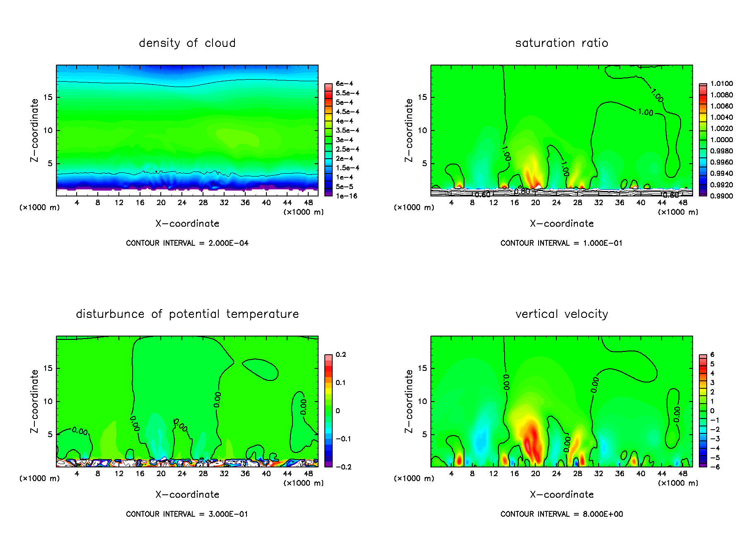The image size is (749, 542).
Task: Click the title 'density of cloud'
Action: click(187, 43)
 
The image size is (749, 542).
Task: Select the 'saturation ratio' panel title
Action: click(561, 43)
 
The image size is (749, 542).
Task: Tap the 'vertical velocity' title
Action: click(561, 314)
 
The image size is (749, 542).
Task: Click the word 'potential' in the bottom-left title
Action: click(194, 314)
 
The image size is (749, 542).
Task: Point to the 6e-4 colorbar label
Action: click(344, 84)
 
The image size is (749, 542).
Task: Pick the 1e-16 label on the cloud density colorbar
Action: click(346, 196)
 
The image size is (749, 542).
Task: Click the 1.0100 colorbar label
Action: click(721, 84)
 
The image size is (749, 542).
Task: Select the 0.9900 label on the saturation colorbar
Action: click(721, 196)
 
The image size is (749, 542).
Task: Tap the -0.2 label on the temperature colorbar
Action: click(343, 467)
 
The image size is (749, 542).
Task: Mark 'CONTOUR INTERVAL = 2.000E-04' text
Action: click(187, 243)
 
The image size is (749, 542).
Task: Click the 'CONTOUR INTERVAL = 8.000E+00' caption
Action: click(561, 514)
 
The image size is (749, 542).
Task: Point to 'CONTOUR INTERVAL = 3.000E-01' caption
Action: click(187, 514)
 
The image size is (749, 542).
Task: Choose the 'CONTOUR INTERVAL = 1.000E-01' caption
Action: click(561, 243)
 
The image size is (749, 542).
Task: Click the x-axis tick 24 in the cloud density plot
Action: click(182, 203)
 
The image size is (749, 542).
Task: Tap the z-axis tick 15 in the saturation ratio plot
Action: click(422, 97)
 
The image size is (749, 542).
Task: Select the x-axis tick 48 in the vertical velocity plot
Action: click(683, 474)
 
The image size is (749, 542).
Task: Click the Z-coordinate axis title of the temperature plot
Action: click(34, 401)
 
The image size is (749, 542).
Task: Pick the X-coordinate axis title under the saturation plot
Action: click(561, 224)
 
